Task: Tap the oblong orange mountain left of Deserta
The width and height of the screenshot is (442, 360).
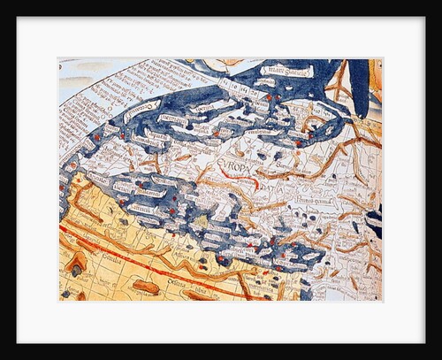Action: coord(145,287)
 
